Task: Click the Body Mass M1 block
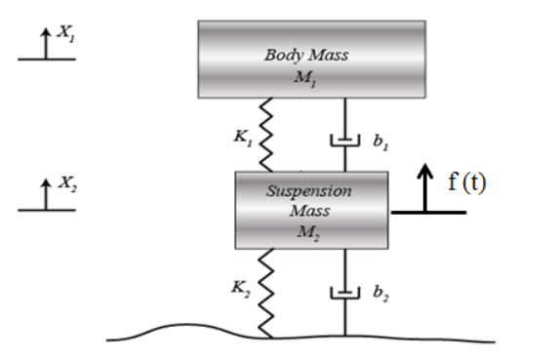pos(311,59)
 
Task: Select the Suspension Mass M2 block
pos(311,210)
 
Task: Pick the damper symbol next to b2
pos(344,294)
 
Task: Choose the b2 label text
pos(380,292)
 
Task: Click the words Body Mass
pos(306,55)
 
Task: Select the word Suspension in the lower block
pos(308,190)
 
